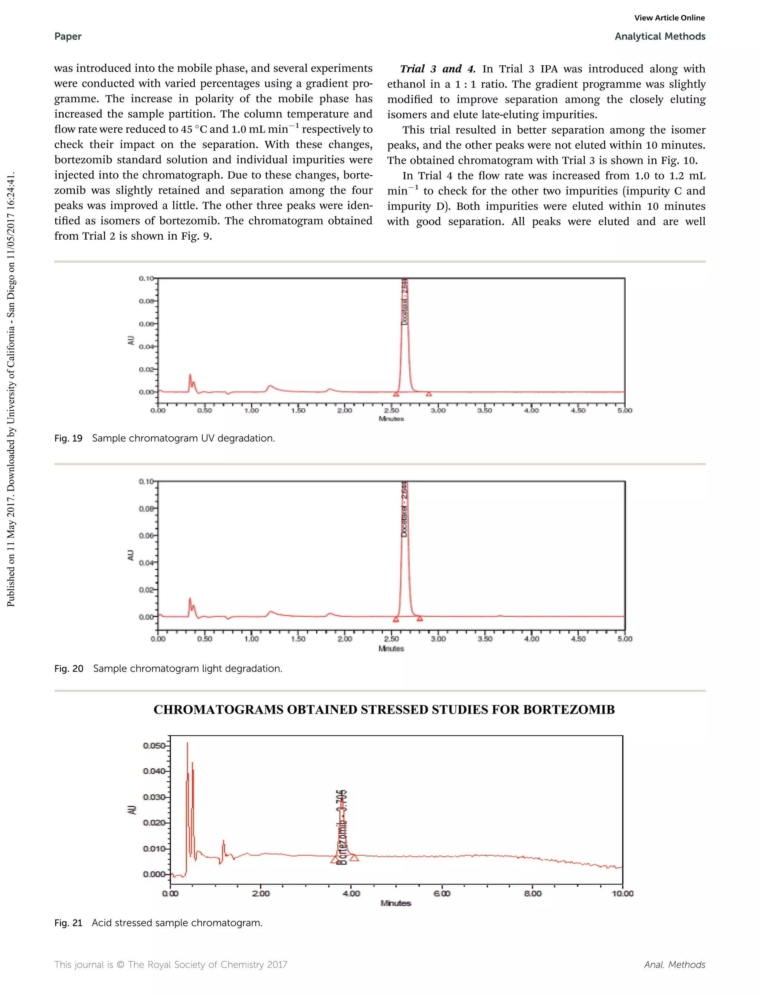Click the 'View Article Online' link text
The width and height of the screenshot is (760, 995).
[669, 18]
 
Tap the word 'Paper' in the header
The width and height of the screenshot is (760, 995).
[68, 37]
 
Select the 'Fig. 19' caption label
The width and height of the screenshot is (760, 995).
[68, 438]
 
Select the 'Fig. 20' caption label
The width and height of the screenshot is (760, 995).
[69, 669]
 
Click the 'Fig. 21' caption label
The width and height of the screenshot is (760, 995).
[68, 923]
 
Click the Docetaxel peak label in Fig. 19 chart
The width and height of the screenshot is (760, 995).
[405, 302]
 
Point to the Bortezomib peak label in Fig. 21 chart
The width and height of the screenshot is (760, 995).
[343, 827]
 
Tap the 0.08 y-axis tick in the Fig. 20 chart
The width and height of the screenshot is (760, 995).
[146, 508]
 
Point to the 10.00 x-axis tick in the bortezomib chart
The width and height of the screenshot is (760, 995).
[622, 893]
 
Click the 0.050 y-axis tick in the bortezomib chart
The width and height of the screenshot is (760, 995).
[154, 745]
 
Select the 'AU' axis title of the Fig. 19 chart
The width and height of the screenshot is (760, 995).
[131, 341]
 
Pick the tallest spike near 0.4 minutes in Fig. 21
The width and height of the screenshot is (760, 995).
[187, 744]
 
